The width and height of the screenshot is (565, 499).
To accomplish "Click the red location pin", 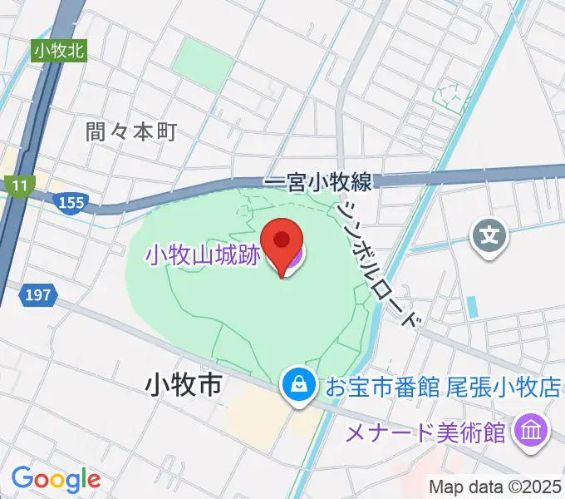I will click(281, 242).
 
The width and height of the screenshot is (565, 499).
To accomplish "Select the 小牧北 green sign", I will click(60, 51).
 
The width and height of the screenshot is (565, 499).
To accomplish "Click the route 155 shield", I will click(72, 202).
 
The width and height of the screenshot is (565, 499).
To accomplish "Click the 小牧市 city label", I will click(183, 385).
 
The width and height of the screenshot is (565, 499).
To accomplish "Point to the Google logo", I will click(56, 479).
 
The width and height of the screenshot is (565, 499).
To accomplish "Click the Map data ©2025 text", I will click(495, 487).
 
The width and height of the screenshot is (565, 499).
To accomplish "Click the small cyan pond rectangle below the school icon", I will click(473, 306).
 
